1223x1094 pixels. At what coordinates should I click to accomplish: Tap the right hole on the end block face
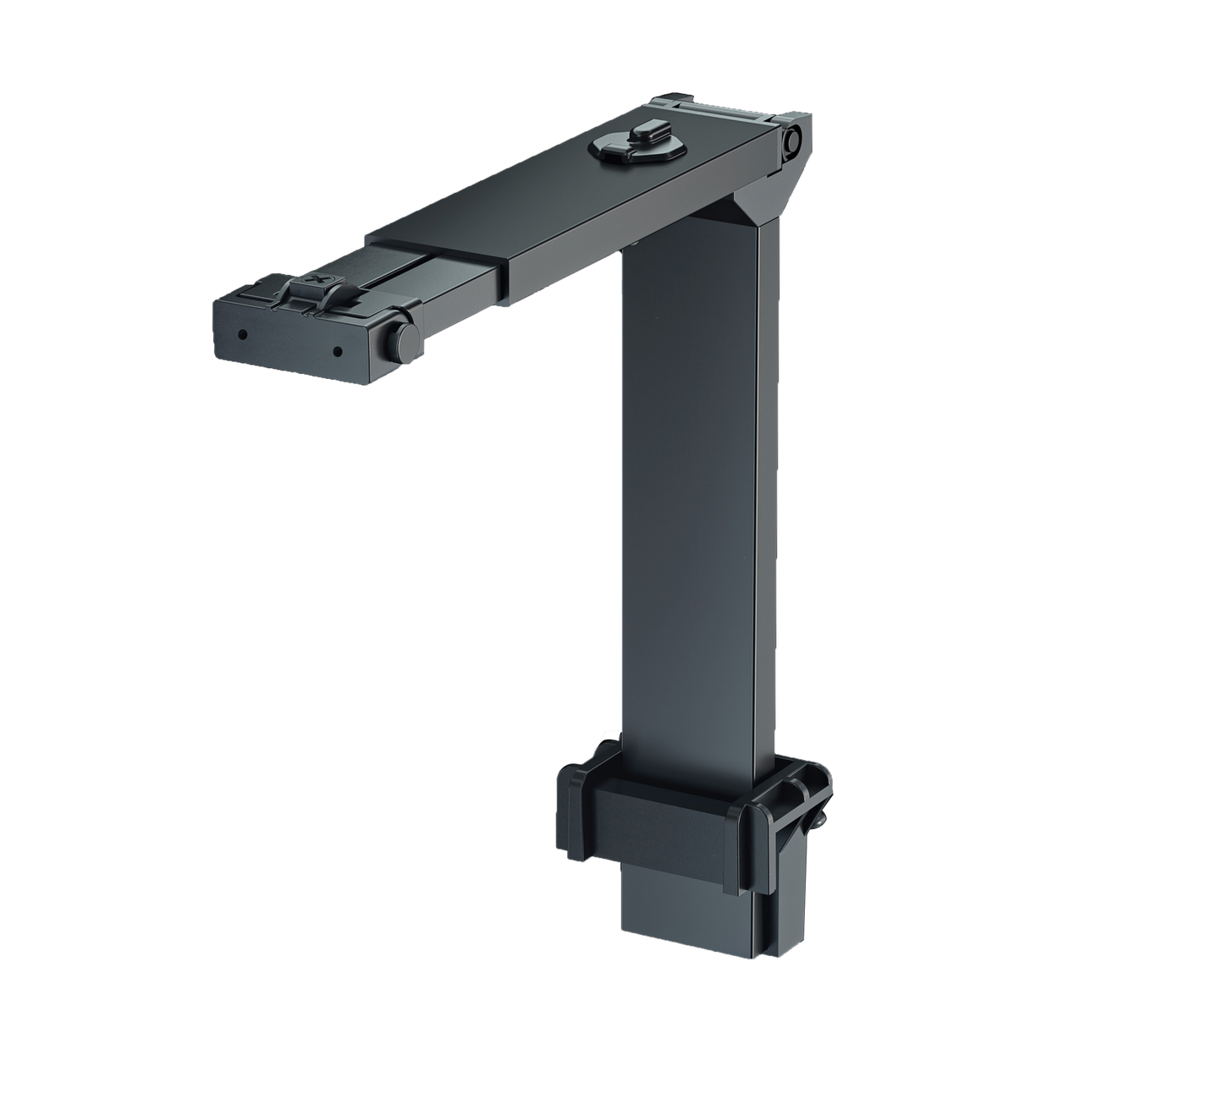coord(337,350)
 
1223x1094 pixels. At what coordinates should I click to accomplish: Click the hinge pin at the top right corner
coord(793,142)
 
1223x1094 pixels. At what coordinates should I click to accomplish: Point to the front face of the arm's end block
coord(296,343)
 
